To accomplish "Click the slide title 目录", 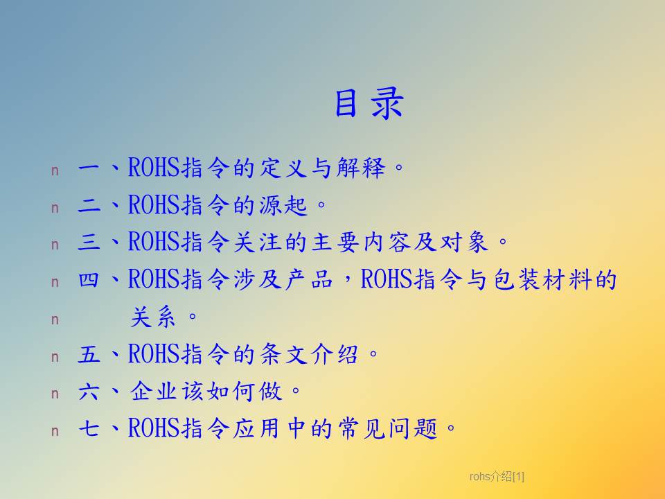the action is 369,103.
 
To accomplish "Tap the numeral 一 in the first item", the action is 89,168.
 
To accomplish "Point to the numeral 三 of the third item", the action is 89,243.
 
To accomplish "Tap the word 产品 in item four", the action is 309,279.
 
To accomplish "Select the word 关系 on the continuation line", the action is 152,317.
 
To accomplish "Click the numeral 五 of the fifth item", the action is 89,354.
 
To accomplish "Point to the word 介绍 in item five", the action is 334,354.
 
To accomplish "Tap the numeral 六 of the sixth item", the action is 89,391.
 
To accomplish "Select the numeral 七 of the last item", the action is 89,428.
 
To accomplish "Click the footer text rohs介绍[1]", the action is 497,477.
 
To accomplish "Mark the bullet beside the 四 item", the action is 55,283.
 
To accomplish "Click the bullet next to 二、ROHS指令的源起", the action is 55,209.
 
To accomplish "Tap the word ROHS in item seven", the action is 154,428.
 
